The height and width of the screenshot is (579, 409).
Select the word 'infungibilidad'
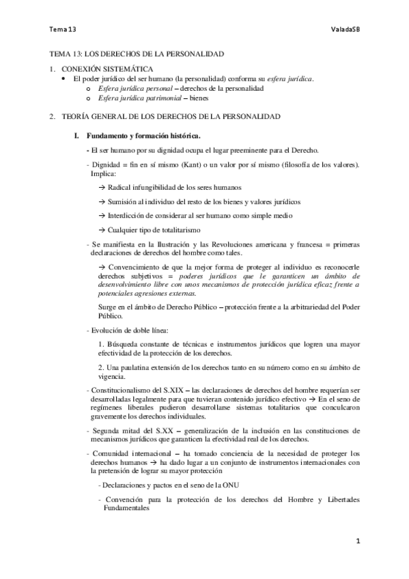pos(158,188)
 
